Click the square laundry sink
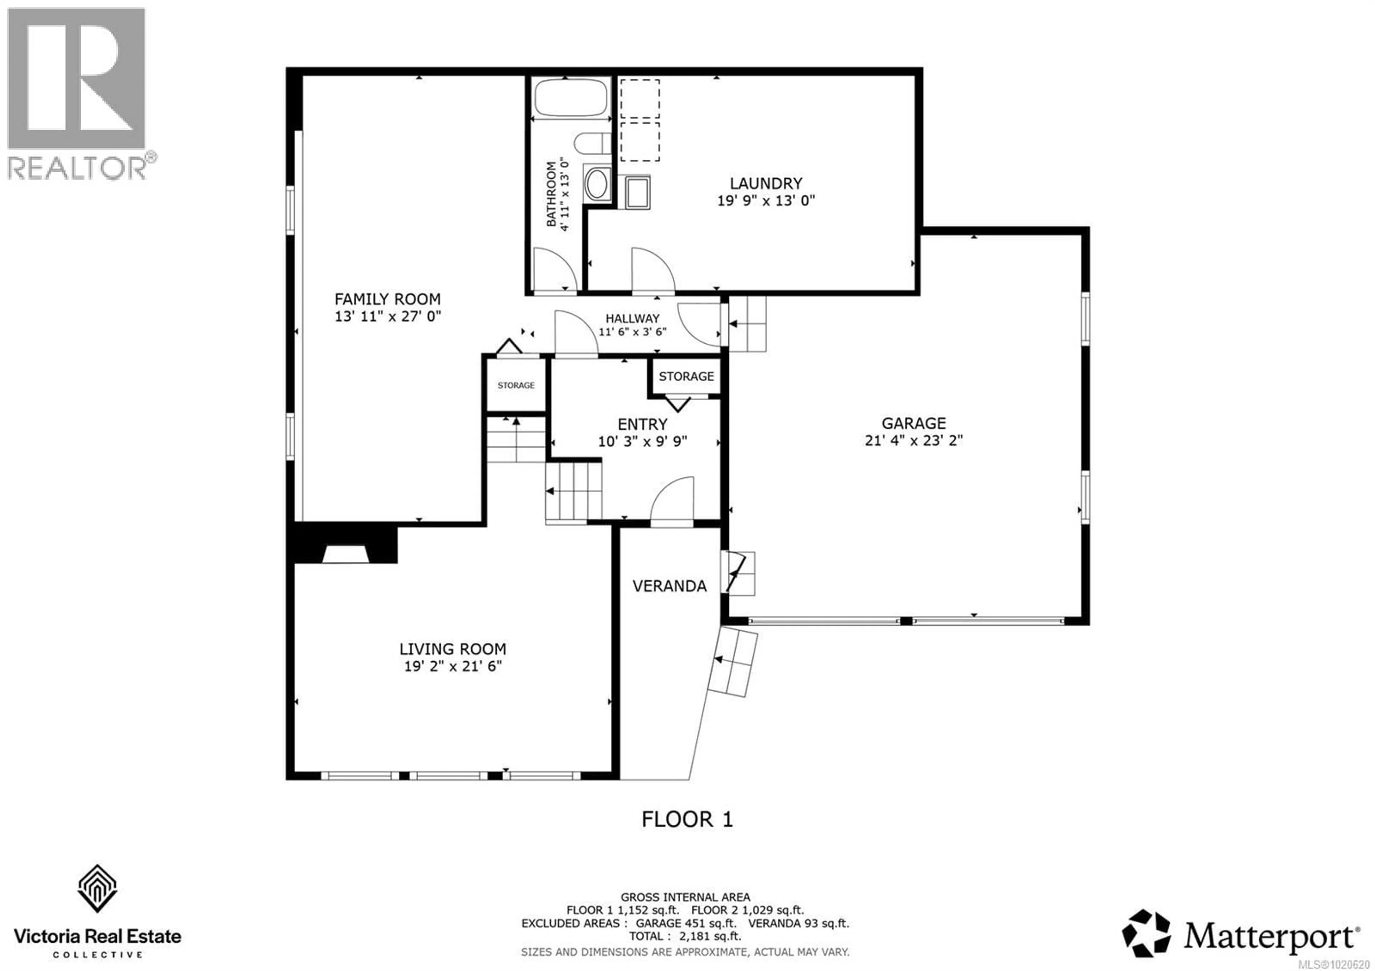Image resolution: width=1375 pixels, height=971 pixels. (x=637, y=192)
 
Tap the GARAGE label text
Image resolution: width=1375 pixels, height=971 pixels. (x=913, y=423)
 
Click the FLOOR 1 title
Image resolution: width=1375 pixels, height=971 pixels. (x=686, y=819)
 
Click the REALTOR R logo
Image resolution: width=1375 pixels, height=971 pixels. (x=76, y=78)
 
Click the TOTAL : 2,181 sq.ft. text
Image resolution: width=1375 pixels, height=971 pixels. (x=685, y=936)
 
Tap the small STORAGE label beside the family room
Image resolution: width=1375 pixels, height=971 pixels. (x=516, y=385)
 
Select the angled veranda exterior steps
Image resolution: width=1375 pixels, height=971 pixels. (x=732, y=662)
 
